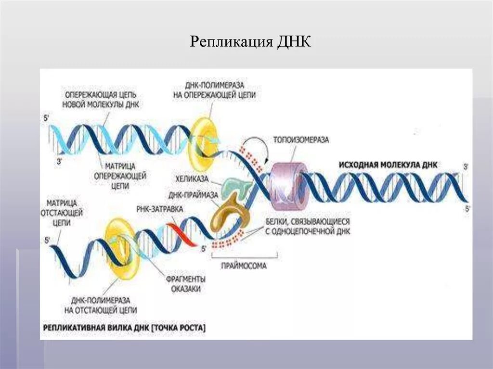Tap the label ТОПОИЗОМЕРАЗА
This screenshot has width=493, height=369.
point(301,140)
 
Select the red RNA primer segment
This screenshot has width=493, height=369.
point(183,234)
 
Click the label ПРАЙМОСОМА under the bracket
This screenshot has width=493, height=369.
point(244,266)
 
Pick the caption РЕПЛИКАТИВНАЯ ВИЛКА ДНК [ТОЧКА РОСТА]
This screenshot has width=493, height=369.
point(124,328)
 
